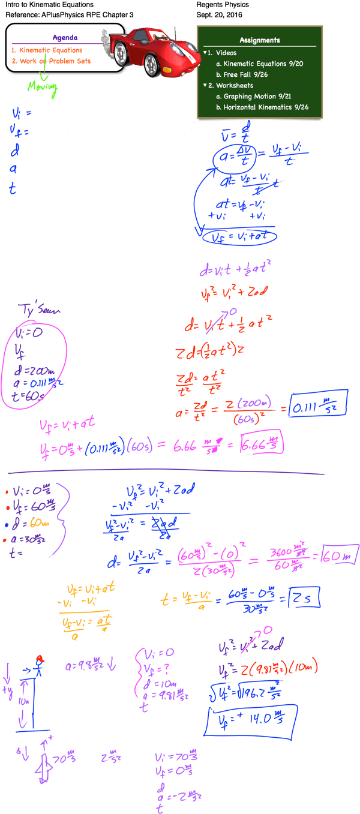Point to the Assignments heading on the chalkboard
tap(259, 40)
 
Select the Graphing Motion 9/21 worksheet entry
tap(262, 96)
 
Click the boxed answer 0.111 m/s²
tap(318, 408)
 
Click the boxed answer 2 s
tap(304, 597)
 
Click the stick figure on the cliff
tap(40, 663)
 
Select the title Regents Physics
tap(223, 4)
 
